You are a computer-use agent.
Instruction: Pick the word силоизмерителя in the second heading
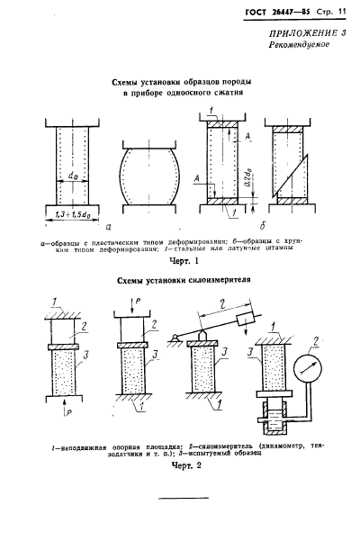pos(212,280)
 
